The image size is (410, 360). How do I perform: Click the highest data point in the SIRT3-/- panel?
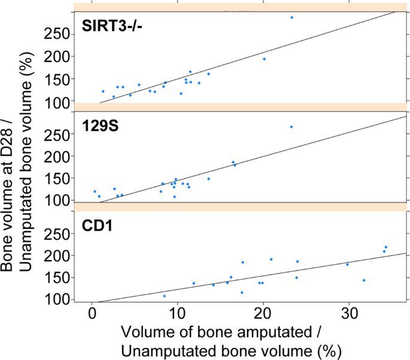coord(291,17)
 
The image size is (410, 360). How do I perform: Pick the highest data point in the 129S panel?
coord(291,127)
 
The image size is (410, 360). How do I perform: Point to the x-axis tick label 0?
coord(92,314)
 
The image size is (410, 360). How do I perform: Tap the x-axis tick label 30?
coord(349,314)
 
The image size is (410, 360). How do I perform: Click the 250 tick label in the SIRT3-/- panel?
coord(59,34)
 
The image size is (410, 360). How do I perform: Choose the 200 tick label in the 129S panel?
coord(59,156)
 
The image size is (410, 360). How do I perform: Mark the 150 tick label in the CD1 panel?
coord(59,277)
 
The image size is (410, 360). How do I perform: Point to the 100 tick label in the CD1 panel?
coord(59,300)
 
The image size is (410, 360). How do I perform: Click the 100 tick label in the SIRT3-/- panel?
coord(59,102)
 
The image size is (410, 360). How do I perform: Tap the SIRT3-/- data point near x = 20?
coord(264,59)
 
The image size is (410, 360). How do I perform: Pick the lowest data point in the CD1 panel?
coord(165,296)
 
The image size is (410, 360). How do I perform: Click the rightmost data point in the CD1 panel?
coord(386,247)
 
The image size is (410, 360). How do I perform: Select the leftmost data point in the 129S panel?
coord(95,192)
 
